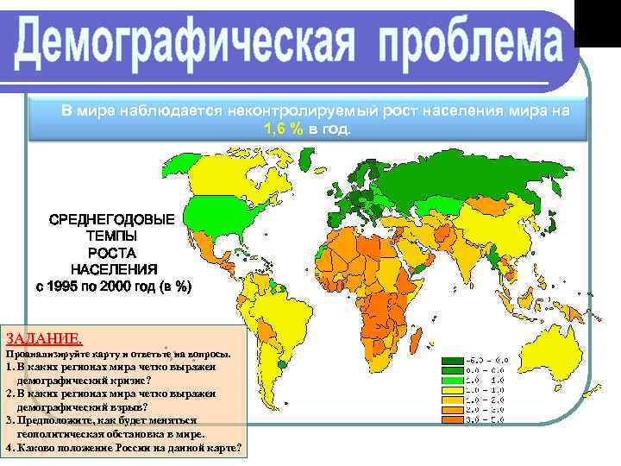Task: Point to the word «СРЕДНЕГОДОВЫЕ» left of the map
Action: [111, 219]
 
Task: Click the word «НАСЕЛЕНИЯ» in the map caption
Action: [111, 268]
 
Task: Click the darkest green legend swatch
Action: [451, 362]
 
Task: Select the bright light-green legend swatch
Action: [451, 381]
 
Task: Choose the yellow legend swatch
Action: [451, 399]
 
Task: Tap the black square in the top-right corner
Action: [597, 22]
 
